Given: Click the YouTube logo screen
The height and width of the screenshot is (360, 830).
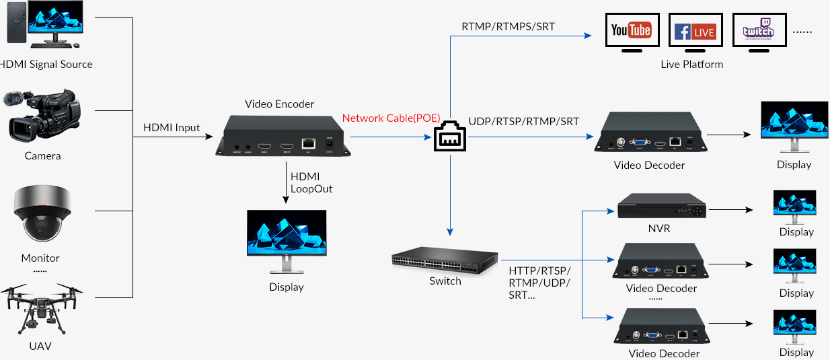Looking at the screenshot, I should tap(632, 30).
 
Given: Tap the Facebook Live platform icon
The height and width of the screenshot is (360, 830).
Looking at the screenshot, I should tap(695, 31).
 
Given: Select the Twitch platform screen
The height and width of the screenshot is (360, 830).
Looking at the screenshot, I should tap(759, 31).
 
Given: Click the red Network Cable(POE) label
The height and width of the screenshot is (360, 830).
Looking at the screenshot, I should tap(391, 118).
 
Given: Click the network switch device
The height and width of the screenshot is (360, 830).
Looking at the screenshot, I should tap(445, 260).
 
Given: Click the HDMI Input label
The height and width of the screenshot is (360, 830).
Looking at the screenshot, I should tap(172, 128).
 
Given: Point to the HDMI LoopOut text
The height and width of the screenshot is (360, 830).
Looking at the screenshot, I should tap(311, 182).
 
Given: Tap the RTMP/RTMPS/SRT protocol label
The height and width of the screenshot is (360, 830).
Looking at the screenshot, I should tap(508, 27).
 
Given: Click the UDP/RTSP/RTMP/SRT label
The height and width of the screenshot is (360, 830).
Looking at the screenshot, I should tap(524, 121).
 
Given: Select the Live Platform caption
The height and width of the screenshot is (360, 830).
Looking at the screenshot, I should tap(691, 65).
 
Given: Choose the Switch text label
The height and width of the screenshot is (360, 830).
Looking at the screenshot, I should tap(445, 281).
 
